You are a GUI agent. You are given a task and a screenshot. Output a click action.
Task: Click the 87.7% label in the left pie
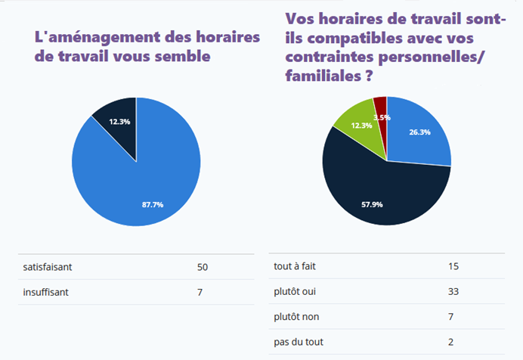click(x=153, y=204)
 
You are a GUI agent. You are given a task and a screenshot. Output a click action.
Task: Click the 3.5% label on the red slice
click(x=382, y=117)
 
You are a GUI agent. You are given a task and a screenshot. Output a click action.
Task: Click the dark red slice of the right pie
click(x=380, y=104)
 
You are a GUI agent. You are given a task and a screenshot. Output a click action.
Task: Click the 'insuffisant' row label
click(x=47, y=292)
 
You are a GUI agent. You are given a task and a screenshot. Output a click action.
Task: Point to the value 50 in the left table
click(x=202, y=267)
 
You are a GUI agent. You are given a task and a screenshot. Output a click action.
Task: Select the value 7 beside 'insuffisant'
click(x=200, y=292)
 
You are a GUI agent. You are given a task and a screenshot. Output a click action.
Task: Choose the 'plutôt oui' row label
click(x=295, y=291)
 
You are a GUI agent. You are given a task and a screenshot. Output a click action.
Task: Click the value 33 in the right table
click(x=453, y=291)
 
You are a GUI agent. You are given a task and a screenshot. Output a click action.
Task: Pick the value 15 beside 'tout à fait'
click(x=453, y=266)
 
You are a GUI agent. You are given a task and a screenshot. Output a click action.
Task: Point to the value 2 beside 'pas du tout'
click(x=450, y=342)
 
